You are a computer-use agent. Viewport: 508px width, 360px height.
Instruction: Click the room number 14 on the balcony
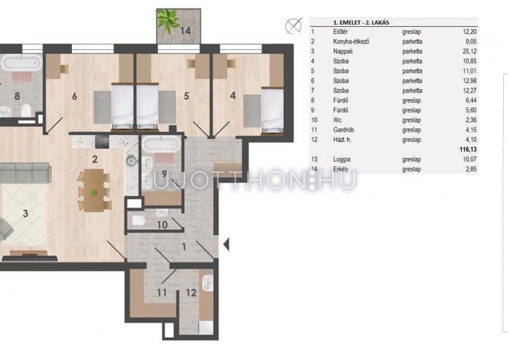pos(186,31)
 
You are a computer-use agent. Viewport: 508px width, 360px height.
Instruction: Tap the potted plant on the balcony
pos(168,20)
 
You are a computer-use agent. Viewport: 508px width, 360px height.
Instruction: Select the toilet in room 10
pos(139,221)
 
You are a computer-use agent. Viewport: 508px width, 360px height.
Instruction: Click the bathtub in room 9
pos(161,144)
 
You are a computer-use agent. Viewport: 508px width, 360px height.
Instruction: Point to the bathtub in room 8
pos(21,62)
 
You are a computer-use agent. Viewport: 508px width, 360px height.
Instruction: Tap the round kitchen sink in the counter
pos(132,160)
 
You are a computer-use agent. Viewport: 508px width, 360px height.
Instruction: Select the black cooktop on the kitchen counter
pos(102,142)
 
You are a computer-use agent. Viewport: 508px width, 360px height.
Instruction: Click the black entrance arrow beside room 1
pos(226,244)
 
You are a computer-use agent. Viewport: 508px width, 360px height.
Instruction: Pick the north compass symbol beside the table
pos(294,26)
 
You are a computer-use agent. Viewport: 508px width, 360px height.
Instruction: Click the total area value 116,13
pos(468,150)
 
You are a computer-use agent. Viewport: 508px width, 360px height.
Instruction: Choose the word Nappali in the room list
pos(343,52)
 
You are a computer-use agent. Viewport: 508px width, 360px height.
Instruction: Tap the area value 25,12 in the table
pos(469,52)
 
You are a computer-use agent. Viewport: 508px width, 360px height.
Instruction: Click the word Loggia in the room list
pos(341,160)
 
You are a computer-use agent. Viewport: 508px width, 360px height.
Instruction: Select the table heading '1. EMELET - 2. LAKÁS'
pos(361,23)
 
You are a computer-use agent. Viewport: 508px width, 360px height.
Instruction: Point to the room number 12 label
pos(191,293)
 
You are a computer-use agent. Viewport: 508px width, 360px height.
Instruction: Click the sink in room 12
pos(207,283)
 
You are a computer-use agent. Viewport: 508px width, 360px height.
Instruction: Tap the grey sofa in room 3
pos(25,173)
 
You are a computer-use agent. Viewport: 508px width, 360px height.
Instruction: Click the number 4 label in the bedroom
pos(233,95)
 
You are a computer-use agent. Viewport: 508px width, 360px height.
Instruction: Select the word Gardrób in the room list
pos(344,130)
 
